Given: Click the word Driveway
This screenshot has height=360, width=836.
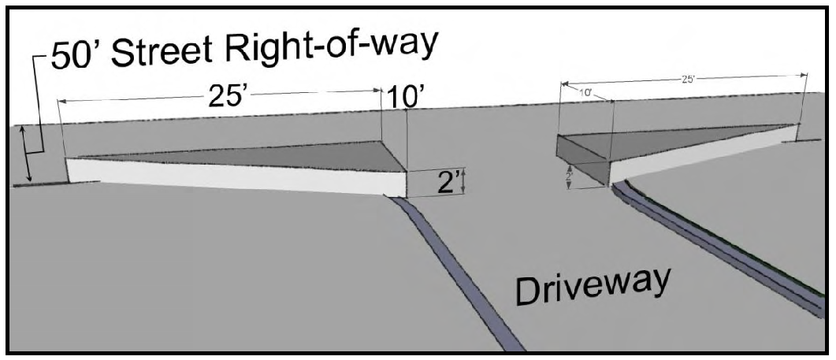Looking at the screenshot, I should [x=593, y=284].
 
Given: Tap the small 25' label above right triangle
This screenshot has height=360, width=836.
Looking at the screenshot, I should [x=687, y=79].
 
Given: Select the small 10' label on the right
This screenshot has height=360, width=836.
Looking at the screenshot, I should [x=585, y=94].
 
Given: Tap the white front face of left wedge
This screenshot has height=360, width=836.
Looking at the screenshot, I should [x=236, y=178].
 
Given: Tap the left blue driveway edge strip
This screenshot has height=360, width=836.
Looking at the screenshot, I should [x=457, y=268].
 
